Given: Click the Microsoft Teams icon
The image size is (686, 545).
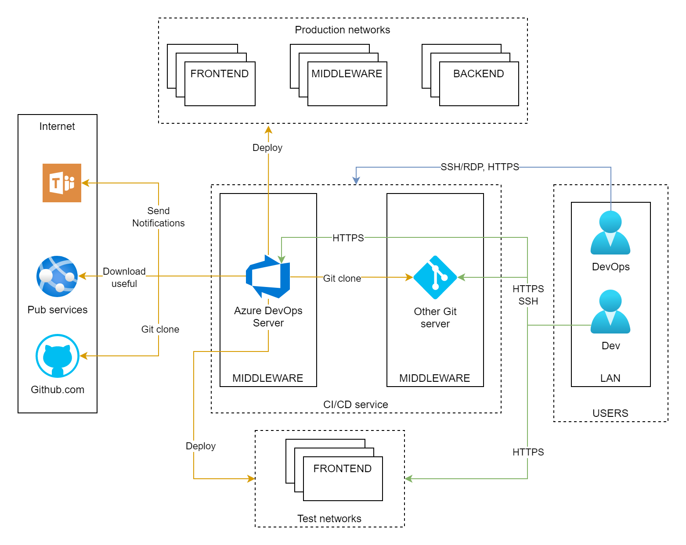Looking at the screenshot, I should (x=62, y=183).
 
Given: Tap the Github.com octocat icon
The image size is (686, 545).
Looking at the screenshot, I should (x=58, y=356).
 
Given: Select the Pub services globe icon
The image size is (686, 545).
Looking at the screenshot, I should (x=57, y=276).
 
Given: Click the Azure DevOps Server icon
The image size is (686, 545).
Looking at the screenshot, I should (x=268, y=276).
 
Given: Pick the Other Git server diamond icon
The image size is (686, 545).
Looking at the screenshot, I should (x=435, y=277).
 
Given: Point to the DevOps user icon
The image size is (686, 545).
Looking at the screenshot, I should (x=610, y=233).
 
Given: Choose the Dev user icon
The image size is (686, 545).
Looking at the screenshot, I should (x=610, y=312).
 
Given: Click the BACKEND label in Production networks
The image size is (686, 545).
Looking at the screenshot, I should (x=478, y=74).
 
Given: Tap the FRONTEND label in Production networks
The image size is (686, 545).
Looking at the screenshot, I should (x=219, y=74).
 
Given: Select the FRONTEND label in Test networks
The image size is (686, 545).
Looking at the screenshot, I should (x=342, y=469).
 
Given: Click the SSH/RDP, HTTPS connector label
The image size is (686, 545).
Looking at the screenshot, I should (x=480, y=167).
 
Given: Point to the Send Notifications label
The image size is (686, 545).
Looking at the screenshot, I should (x=159, y=217).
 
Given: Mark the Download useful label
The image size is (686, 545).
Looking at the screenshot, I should (x=124, y=277).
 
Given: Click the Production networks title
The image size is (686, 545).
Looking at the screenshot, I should (x=342, y=30).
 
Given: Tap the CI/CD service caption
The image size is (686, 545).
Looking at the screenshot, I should (x=355, y=405).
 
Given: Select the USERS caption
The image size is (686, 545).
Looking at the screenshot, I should (x=610, y=413).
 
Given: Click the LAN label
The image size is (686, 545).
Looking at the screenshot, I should (x=610, y=378).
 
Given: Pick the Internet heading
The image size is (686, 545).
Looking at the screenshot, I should (x=57, y=126).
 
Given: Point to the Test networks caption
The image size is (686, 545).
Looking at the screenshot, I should (x=329, y=519).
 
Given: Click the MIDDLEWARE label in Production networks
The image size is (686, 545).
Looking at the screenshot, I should (x=347, y=74).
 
